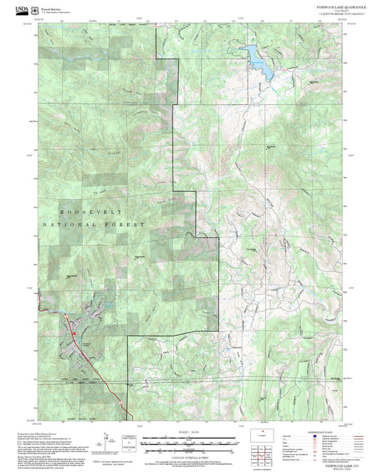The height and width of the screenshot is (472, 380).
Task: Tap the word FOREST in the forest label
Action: pyautogui.click(x=128, y=225)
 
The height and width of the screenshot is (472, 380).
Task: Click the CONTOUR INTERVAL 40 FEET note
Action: pyautogui.click(x=188, y=456)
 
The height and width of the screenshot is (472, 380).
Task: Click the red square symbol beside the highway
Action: pyautogui.click(x=73, y=332)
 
